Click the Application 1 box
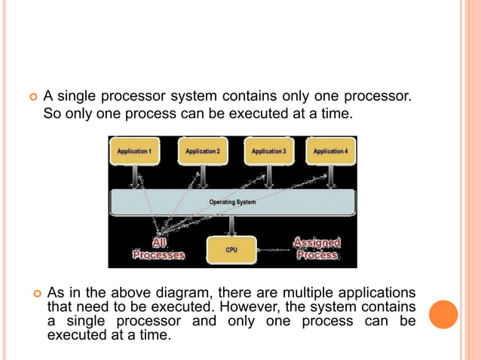(134, 151)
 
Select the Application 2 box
(201, 151)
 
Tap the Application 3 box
(268, 151)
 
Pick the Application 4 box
(329, 151)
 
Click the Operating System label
(232, 202)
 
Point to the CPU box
(231, 249)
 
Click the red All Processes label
(158, 249)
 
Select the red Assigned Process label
(317, 249)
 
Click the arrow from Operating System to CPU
(231, 224)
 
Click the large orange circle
(443, 315)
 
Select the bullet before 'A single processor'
(32, 97)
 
